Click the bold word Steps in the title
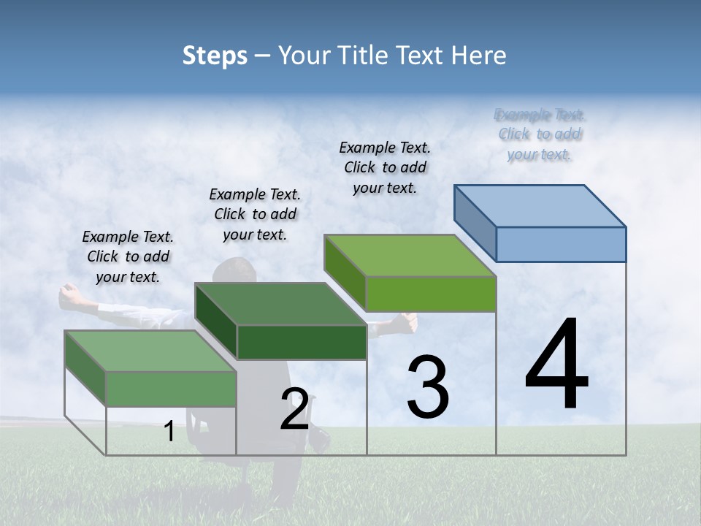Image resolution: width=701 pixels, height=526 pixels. [215, 56]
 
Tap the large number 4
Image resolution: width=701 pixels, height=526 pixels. [556, 365]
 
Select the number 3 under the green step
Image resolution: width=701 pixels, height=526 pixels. [428, 387]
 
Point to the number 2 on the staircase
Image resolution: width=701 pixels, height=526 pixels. [294, 409]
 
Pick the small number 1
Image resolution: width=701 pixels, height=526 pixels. [169, 431]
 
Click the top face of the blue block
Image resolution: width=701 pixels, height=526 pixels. [540, 205]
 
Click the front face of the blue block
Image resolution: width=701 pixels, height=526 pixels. [561, 244]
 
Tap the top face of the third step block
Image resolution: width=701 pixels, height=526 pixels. [410, 256]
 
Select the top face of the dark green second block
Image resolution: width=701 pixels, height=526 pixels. [280, 303]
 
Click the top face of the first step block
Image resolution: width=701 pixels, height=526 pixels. [150, 351]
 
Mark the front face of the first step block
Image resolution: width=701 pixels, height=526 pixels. [172, 389]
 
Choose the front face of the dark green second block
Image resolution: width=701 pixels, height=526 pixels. [302, 342]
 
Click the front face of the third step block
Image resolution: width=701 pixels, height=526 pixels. [431, 294]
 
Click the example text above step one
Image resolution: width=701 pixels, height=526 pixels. [128, 256]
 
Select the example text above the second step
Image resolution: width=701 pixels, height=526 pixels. [255, 214]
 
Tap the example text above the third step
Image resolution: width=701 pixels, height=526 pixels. [385, 167]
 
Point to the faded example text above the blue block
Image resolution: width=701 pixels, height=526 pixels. [540, 134]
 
